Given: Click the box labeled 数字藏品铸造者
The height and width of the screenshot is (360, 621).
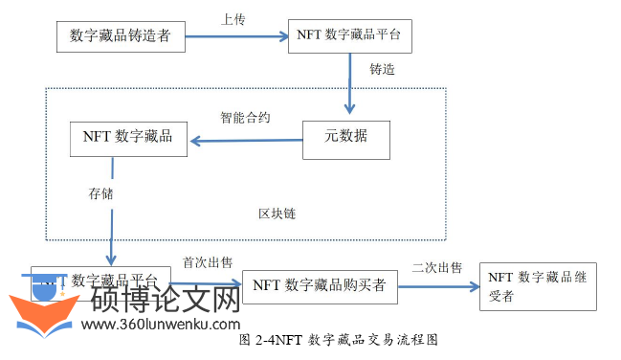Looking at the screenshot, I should [x=120, y=35].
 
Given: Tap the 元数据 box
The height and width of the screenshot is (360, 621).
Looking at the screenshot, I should [x=346, y=139].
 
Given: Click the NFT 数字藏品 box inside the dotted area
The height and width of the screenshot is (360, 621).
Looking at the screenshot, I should [x=127, y=138].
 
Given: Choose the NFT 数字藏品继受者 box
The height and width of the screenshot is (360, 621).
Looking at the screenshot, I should [x=538, y=285].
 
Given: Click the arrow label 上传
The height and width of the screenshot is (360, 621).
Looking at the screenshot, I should [x=234, y=17].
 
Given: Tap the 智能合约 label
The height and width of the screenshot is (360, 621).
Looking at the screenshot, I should [x=245, y=118].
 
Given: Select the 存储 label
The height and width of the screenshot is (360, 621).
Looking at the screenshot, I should [x=100, y=192].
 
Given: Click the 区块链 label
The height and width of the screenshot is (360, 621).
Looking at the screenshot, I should [x=277, y=213].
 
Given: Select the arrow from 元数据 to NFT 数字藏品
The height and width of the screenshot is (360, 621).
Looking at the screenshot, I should [x=244, y=142].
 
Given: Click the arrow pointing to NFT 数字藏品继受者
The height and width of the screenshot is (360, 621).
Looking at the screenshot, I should [x=450, y=284].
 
